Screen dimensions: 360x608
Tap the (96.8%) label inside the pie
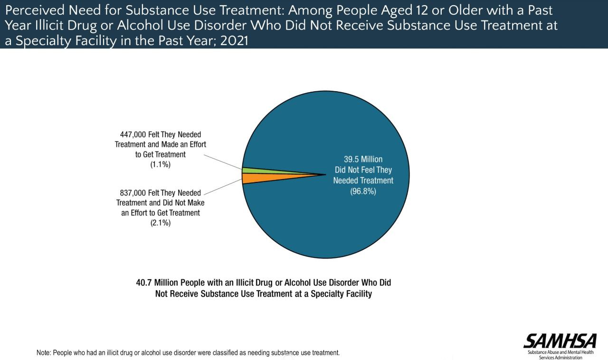(363, 191)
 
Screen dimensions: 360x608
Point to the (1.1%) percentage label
(160, 165)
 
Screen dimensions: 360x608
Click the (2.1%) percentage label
(160, 223)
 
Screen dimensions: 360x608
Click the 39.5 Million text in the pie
(363, 159)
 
